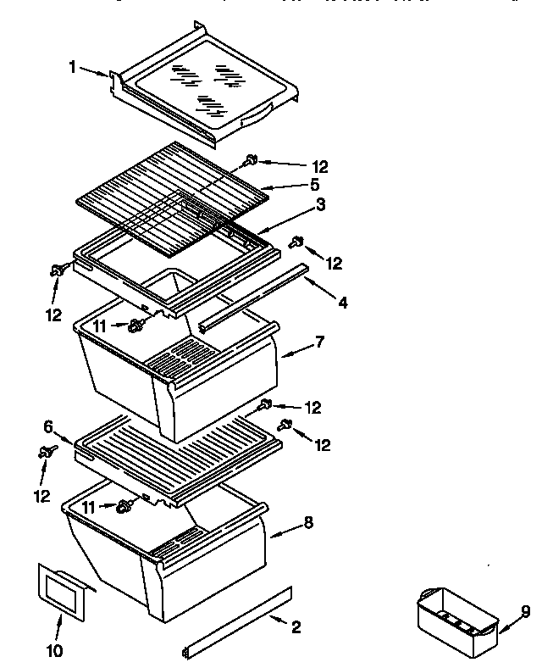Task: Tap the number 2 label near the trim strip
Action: [295, 627]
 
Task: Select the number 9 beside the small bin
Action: [525, 611]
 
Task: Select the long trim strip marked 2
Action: [237, 620]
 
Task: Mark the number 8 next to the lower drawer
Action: [307, 523]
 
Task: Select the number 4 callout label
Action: [341, 303]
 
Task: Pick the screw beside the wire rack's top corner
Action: [252, 159]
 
